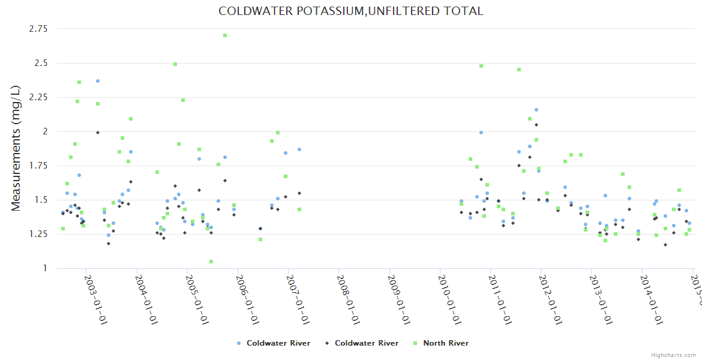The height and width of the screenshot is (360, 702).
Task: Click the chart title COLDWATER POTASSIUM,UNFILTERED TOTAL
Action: tap(350, 11)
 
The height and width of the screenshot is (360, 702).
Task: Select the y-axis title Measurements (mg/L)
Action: tap(16, 148)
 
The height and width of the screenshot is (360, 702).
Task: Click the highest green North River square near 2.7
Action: tap(225, 35)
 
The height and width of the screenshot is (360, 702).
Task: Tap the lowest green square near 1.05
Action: tap(211, 262)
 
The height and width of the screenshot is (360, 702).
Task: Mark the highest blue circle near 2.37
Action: tap(98, 81)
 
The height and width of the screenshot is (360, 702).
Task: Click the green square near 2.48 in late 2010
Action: tap(481, 66)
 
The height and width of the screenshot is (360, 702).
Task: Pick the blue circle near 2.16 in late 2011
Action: tap(536, 110)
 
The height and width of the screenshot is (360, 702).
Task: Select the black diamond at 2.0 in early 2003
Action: tap(98, 133)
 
